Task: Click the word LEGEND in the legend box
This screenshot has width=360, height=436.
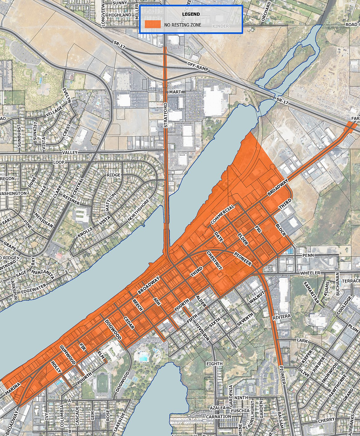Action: tap(191, 14)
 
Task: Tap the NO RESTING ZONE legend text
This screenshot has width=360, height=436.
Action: tap(183, 25)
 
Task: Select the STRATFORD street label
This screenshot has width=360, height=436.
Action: tap(166, 115)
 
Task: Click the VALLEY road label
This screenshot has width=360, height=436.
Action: tap(70, 153)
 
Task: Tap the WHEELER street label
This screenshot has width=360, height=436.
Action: tap(310, 273)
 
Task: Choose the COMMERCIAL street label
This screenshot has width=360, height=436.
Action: tap(223, 214)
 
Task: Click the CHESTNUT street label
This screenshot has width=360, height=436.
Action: tap(214, 260)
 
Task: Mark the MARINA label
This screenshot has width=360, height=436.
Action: tap(13, 389)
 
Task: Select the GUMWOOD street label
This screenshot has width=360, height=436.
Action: tap(68, 355)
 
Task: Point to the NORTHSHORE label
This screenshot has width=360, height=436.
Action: tap(138, 210)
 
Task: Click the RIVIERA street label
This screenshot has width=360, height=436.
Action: tap(281, 317)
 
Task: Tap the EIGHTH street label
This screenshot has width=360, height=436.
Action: tap(214, 364)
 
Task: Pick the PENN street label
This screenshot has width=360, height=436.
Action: tap(308, 255)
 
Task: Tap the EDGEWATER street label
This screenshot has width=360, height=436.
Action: tap(34, 288)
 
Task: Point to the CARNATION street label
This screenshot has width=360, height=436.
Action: tap(218, 417)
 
